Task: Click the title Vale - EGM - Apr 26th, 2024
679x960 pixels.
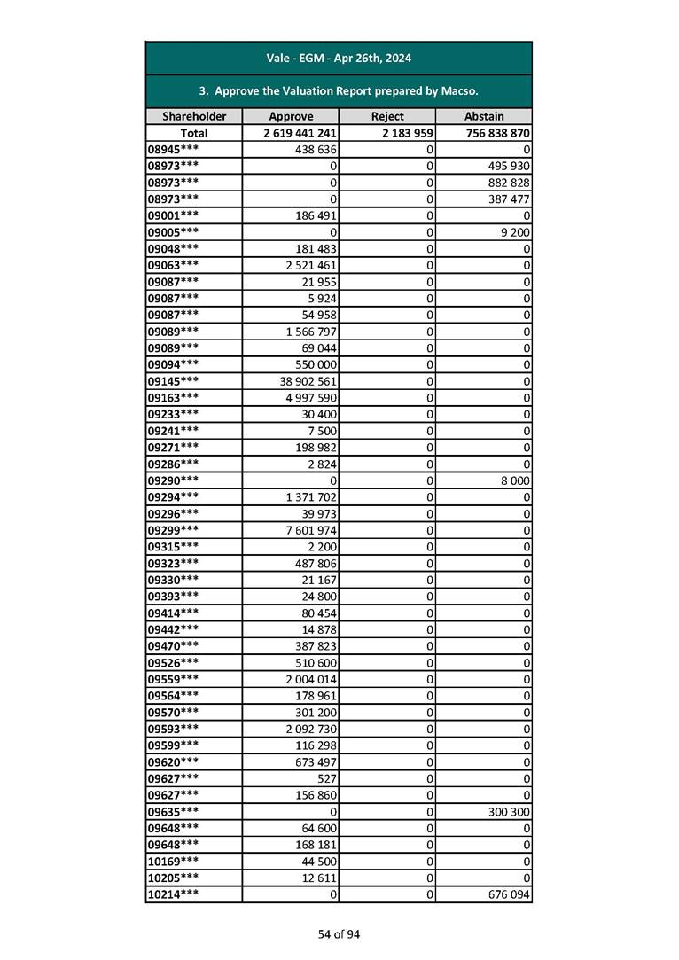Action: [x=339, y=59]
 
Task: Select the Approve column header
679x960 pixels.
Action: [x=291, y=116]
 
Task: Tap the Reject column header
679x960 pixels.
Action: [x=387, y=116]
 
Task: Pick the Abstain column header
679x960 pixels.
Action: [x=484, y=116]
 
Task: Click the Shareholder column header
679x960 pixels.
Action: [x=194, y=116]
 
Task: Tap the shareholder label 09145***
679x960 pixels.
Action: [x=172, y=381]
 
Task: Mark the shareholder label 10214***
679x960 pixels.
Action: [x=172, y=895]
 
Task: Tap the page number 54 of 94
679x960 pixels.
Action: [x=339, y=934]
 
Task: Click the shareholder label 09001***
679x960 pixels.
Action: [x=172, y=215]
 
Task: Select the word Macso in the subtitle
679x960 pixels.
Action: [x=459, y=91]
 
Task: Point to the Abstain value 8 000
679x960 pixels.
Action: [x=514, y=480]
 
